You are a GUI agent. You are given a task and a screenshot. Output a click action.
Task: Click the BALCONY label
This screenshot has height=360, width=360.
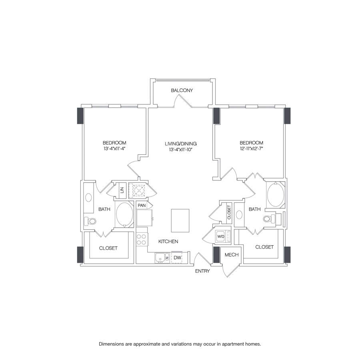182,90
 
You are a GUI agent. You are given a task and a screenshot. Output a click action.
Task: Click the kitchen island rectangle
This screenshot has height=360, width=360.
180,220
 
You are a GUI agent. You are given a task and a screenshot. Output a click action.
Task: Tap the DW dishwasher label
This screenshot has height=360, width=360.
177,258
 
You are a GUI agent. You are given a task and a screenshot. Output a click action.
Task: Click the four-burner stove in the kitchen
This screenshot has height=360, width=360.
142,239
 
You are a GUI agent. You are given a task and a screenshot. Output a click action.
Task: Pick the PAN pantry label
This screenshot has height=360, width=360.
142,206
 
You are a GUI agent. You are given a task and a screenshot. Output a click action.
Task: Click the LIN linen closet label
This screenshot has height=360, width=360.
122,190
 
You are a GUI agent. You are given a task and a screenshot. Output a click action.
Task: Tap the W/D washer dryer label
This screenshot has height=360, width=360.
221,236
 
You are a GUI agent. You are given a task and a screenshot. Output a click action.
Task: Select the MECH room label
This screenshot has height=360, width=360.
231,255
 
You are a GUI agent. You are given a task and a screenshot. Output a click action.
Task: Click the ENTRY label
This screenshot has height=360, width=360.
202,271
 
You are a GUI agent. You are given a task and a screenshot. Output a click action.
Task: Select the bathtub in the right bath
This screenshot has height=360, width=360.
275,195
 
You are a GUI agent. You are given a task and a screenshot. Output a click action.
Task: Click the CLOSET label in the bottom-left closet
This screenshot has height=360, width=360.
108,248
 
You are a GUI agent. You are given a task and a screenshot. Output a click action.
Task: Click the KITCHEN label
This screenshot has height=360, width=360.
168,242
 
